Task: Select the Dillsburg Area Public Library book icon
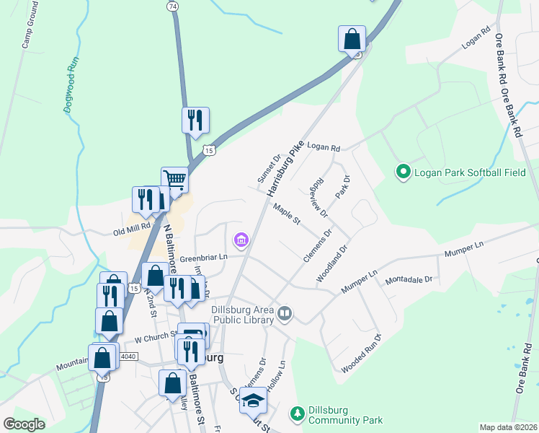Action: pyautogui.click(x=285, y=314)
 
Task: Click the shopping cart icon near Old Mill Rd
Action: pyautogui.click(x=174, y=180)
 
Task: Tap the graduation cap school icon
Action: pyautogui.click(x=254, y=400)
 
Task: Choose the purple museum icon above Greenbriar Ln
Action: pyautogui.click(x=241, y=239)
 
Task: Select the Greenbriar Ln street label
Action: pyautogui.click(x=203, y=257)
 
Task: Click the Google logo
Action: pyautogui.click(x=24, y=424)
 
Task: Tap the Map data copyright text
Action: pyautogui.click(x=508, y=427)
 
